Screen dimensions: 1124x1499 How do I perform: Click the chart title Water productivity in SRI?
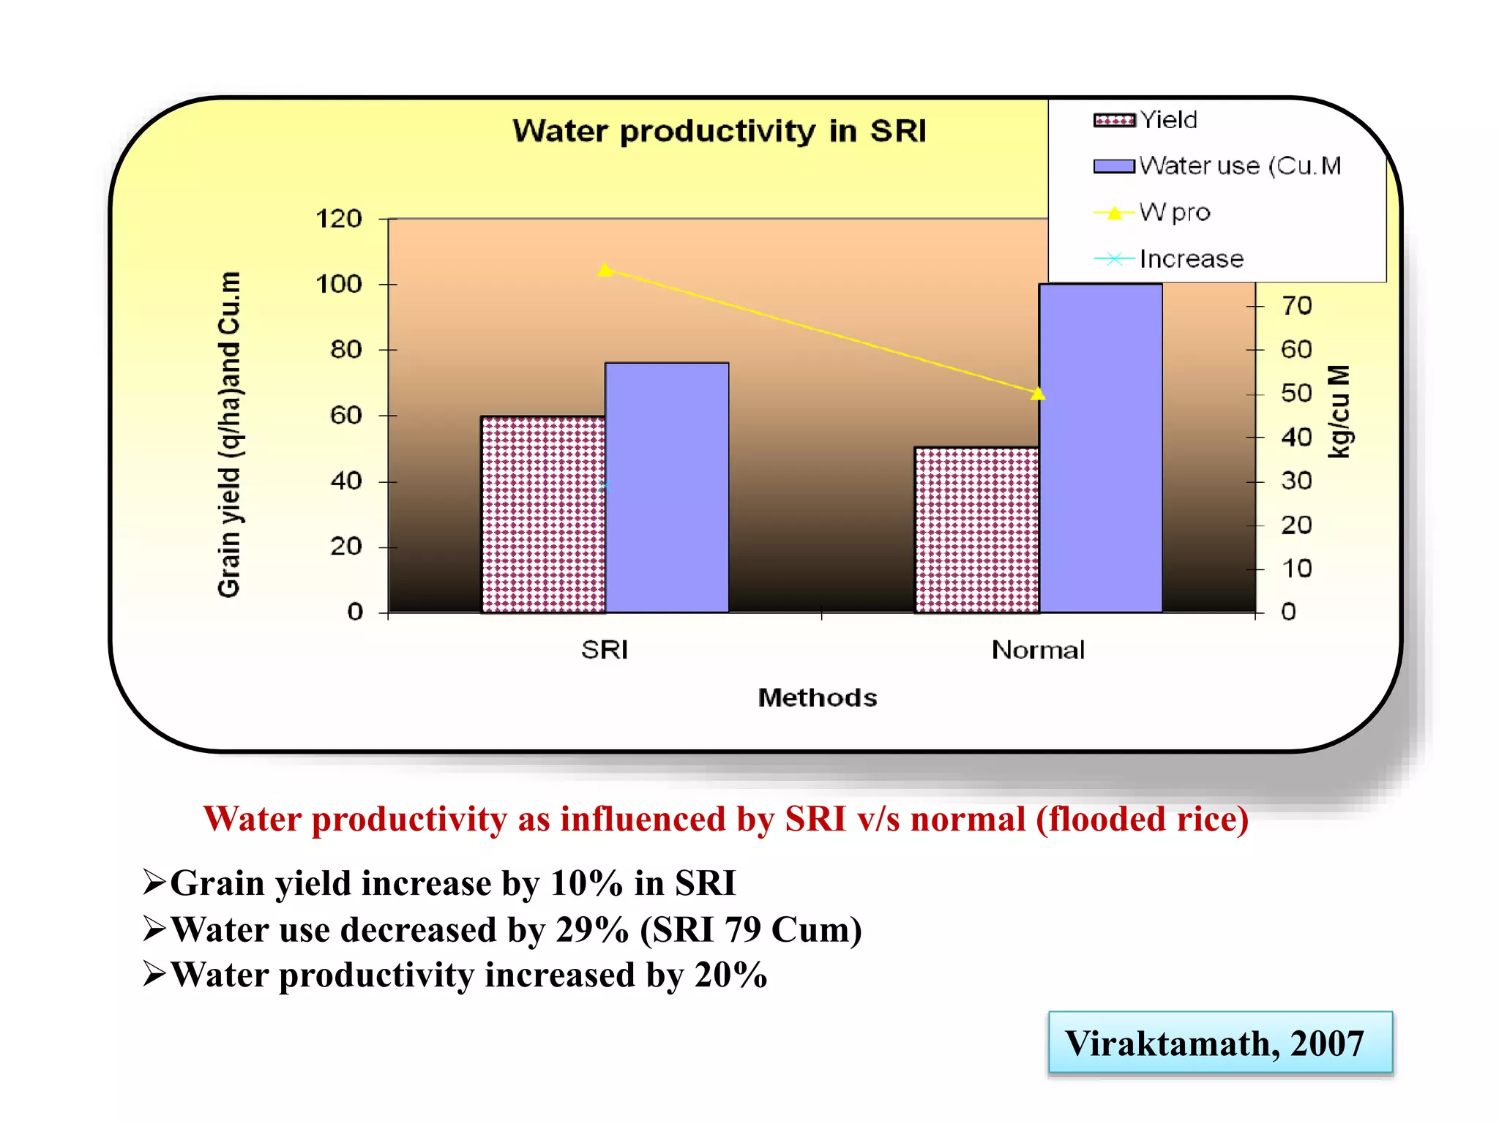(719, 132)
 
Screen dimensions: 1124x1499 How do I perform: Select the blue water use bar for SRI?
(667, 487)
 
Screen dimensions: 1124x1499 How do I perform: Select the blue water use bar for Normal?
(1100, 448)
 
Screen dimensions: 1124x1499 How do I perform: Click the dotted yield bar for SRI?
(543, 514)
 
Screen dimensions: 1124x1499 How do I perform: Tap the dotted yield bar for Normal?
(976, 530)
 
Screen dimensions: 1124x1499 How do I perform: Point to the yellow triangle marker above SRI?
(605, 271)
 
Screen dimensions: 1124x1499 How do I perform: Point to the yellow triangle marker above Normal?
(1038, 394)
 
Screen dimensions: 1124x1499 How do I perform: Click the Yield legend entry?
(1168, 120)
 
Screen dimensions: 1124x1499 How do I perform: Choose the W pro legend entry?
(1174, 213)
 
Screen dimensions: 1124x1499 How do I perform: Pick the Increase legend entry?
(1191, 259)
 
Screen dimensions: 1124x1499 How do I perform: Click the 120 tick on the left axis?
(339, 219)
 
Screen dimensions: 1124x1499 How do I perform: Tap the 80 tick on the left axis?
(345, 350)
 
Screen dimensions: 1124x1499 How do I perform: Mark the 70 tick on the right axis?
(1296, 306)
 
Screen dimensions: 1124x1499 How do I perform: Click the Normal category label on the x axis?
(1038, 650)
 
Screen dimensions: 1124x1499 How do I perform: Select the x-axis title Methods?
(818, 697)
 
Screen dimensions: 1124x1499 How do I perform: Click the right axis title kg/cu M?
(1339, 412)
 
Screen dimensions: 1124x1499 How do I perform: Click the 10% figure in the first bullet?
(586, 883)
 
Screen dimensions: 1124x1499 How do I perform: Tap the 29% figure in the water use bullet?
(592, 930)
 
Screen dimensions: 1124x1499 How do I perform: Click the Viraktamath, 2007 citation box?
(1219, 1043)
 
